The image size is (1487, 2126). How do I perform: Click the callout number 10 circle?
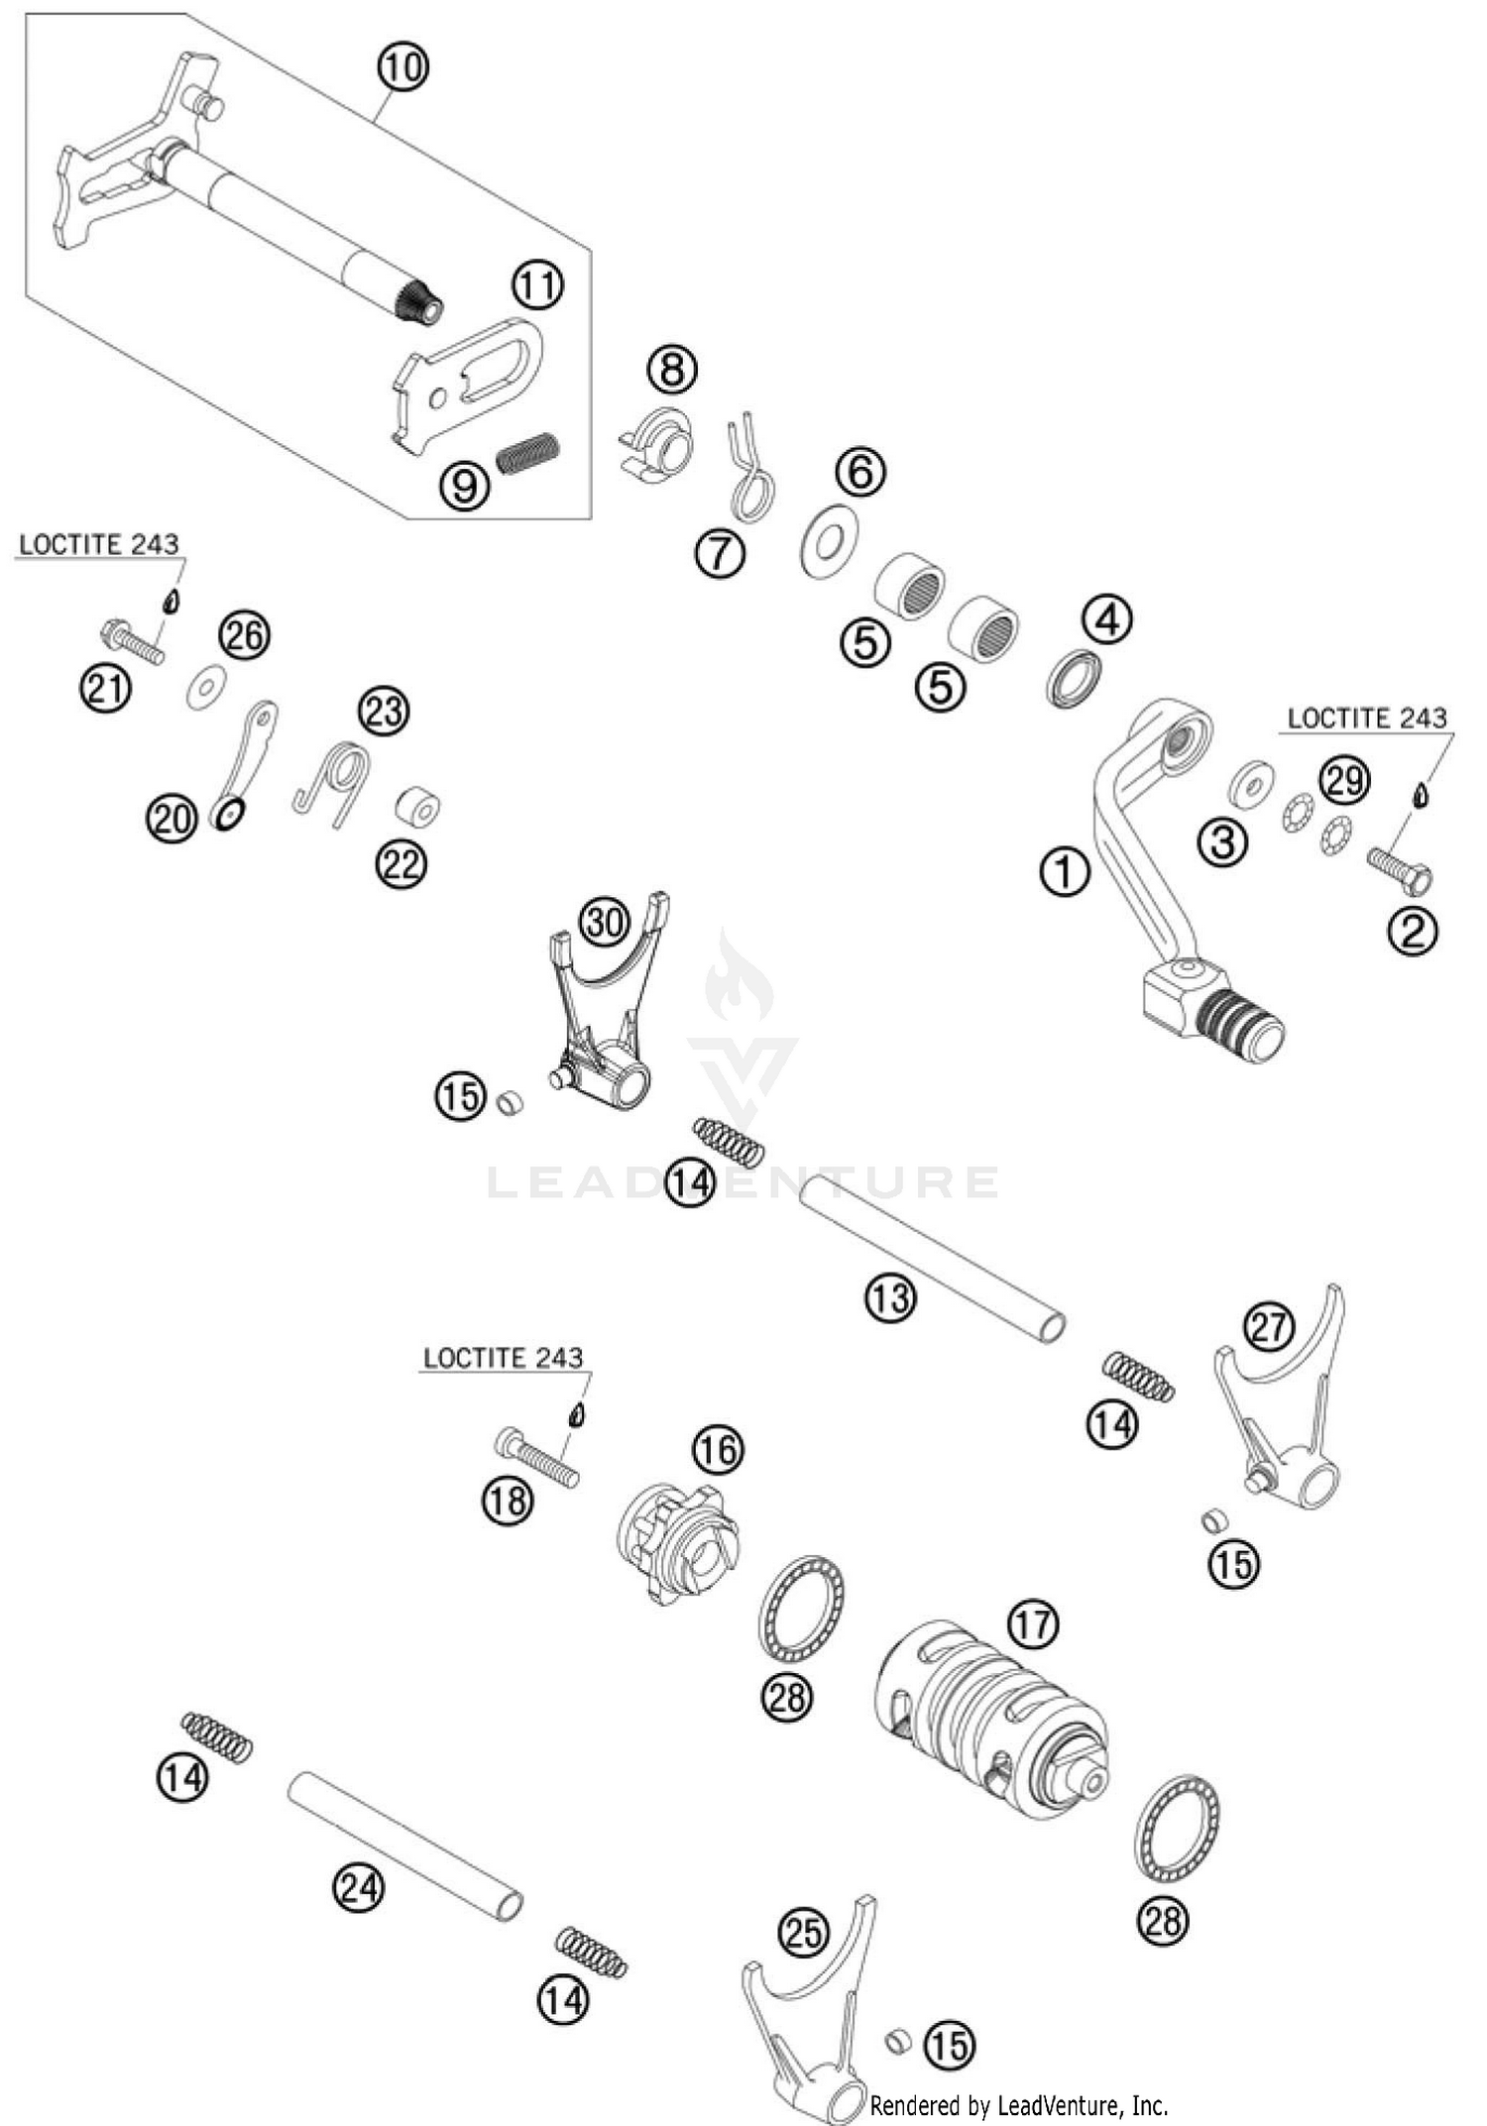(x=402, y=67)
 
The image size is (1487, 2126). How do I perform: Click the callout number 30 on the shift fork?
(x=605, y=923)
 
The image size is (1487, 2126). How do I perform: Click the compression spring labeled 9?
(x=528, y=453)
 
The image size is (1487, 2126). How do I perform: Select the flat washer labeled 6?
(x=830, y=540)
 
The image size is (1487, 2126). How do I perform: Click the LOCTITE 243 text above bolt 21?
(x=99, y=544)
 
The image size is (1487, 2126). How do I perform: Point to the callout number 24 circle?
(x=358, y=1887)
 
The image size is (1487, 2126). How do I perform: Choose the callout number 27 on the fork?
(x=1269, y=1326)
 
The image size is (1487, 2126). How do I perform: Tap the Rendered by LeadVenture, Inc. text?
(x=1019, y=2104)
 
